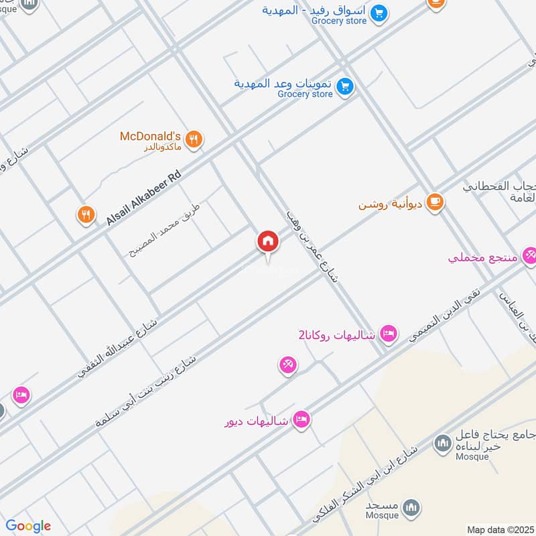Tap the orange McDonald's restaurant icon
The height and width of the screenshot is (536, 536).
(194, 139)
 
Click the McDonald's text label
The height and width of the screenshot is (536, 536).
(151, 136)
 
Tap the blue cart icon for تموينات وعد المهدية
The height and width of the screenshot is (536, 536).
(345, 86)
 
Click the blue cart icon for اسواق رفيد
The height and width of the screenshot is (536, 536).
(379, 13)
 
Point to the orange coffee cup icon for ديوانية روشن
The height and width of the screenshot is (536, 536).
(435, 201)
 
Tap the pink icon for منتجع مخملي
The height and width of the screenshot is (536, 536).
(529, 255)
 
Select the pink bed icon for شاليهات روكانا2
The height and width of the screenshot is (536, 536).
(388, 333)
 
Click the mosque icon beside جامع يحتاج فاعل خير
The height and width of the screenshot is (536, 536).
(442, 443)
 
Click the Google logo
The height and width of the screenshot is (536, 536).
(28, 527)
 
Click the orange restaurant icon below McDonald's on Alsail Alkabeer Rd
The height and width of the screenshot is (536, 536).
(85, 215)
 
